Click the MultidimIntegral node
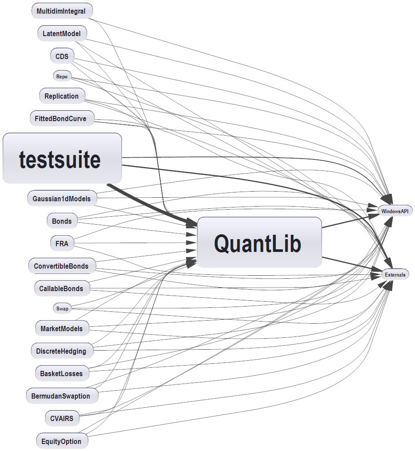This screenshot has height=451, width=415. (62, 11)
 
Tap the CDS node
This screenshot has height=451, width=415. (62, 56)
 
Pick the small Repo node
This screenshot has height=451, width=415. (62, 77)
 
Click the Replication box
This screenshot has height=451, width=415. (62, 96)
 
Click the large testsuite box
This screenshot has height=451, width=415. (62, 159)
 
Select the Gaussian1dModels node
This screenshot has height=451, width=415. (61, 199)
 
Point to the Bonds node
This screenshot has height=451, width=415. (62, 221)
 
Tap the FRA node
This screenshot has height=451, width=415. (62, 243)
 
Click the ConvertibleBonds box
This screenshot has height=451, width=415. (61, 266)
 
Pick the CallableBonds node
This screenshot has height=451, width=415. (61, 289)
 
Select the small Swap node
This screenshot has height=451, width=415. (62, 309)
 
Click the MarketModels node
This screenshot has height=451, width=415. (61, 329)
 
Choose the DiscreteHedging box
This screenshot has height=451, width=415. (61, 351)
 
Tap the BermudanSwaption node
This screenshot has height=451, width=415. (61, 396)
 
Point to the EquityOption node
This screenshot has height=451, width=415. (61, 441)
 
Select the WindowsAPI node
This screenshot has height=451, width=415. (395, 211)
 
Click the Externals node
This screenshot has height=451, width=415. (395, 275)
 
